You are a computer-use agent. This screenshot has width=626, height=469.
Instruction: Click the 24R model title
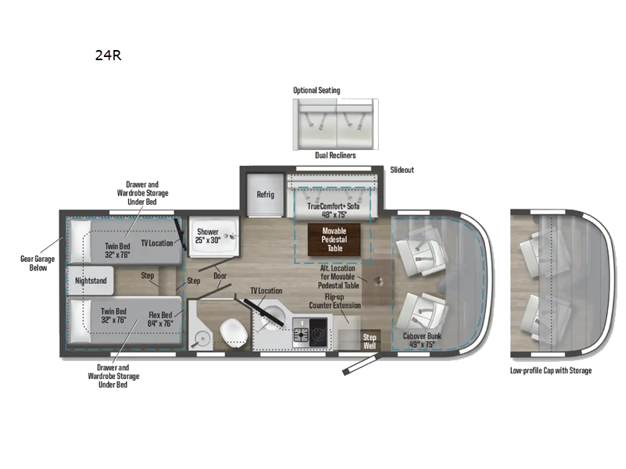[108, 55]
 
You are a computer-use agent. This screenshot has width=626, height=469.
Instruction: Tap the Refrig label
[265, 194]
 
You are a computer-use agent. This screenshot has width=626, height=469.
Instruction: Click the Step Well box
[370, 342]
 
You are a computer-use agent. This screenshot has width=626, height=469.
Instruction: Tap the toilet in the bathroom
[233, 331]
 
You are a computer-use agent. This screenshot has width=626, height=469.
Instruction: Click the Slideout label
[402, 170]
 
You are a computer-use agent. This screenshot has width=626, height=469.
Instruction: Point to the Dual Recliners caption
[335, 156]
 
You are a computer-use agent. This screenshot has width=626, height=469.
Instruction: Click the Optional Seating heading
[317, 91]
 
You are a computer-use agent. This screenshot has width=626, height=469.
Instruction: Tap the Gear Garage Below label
[34, 263]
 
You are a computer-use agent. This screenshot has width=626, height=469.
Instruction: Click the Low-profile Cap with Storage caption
[551, 370]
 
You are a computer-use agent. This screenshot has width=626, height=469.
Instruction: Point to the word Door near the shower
[221, 275]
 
